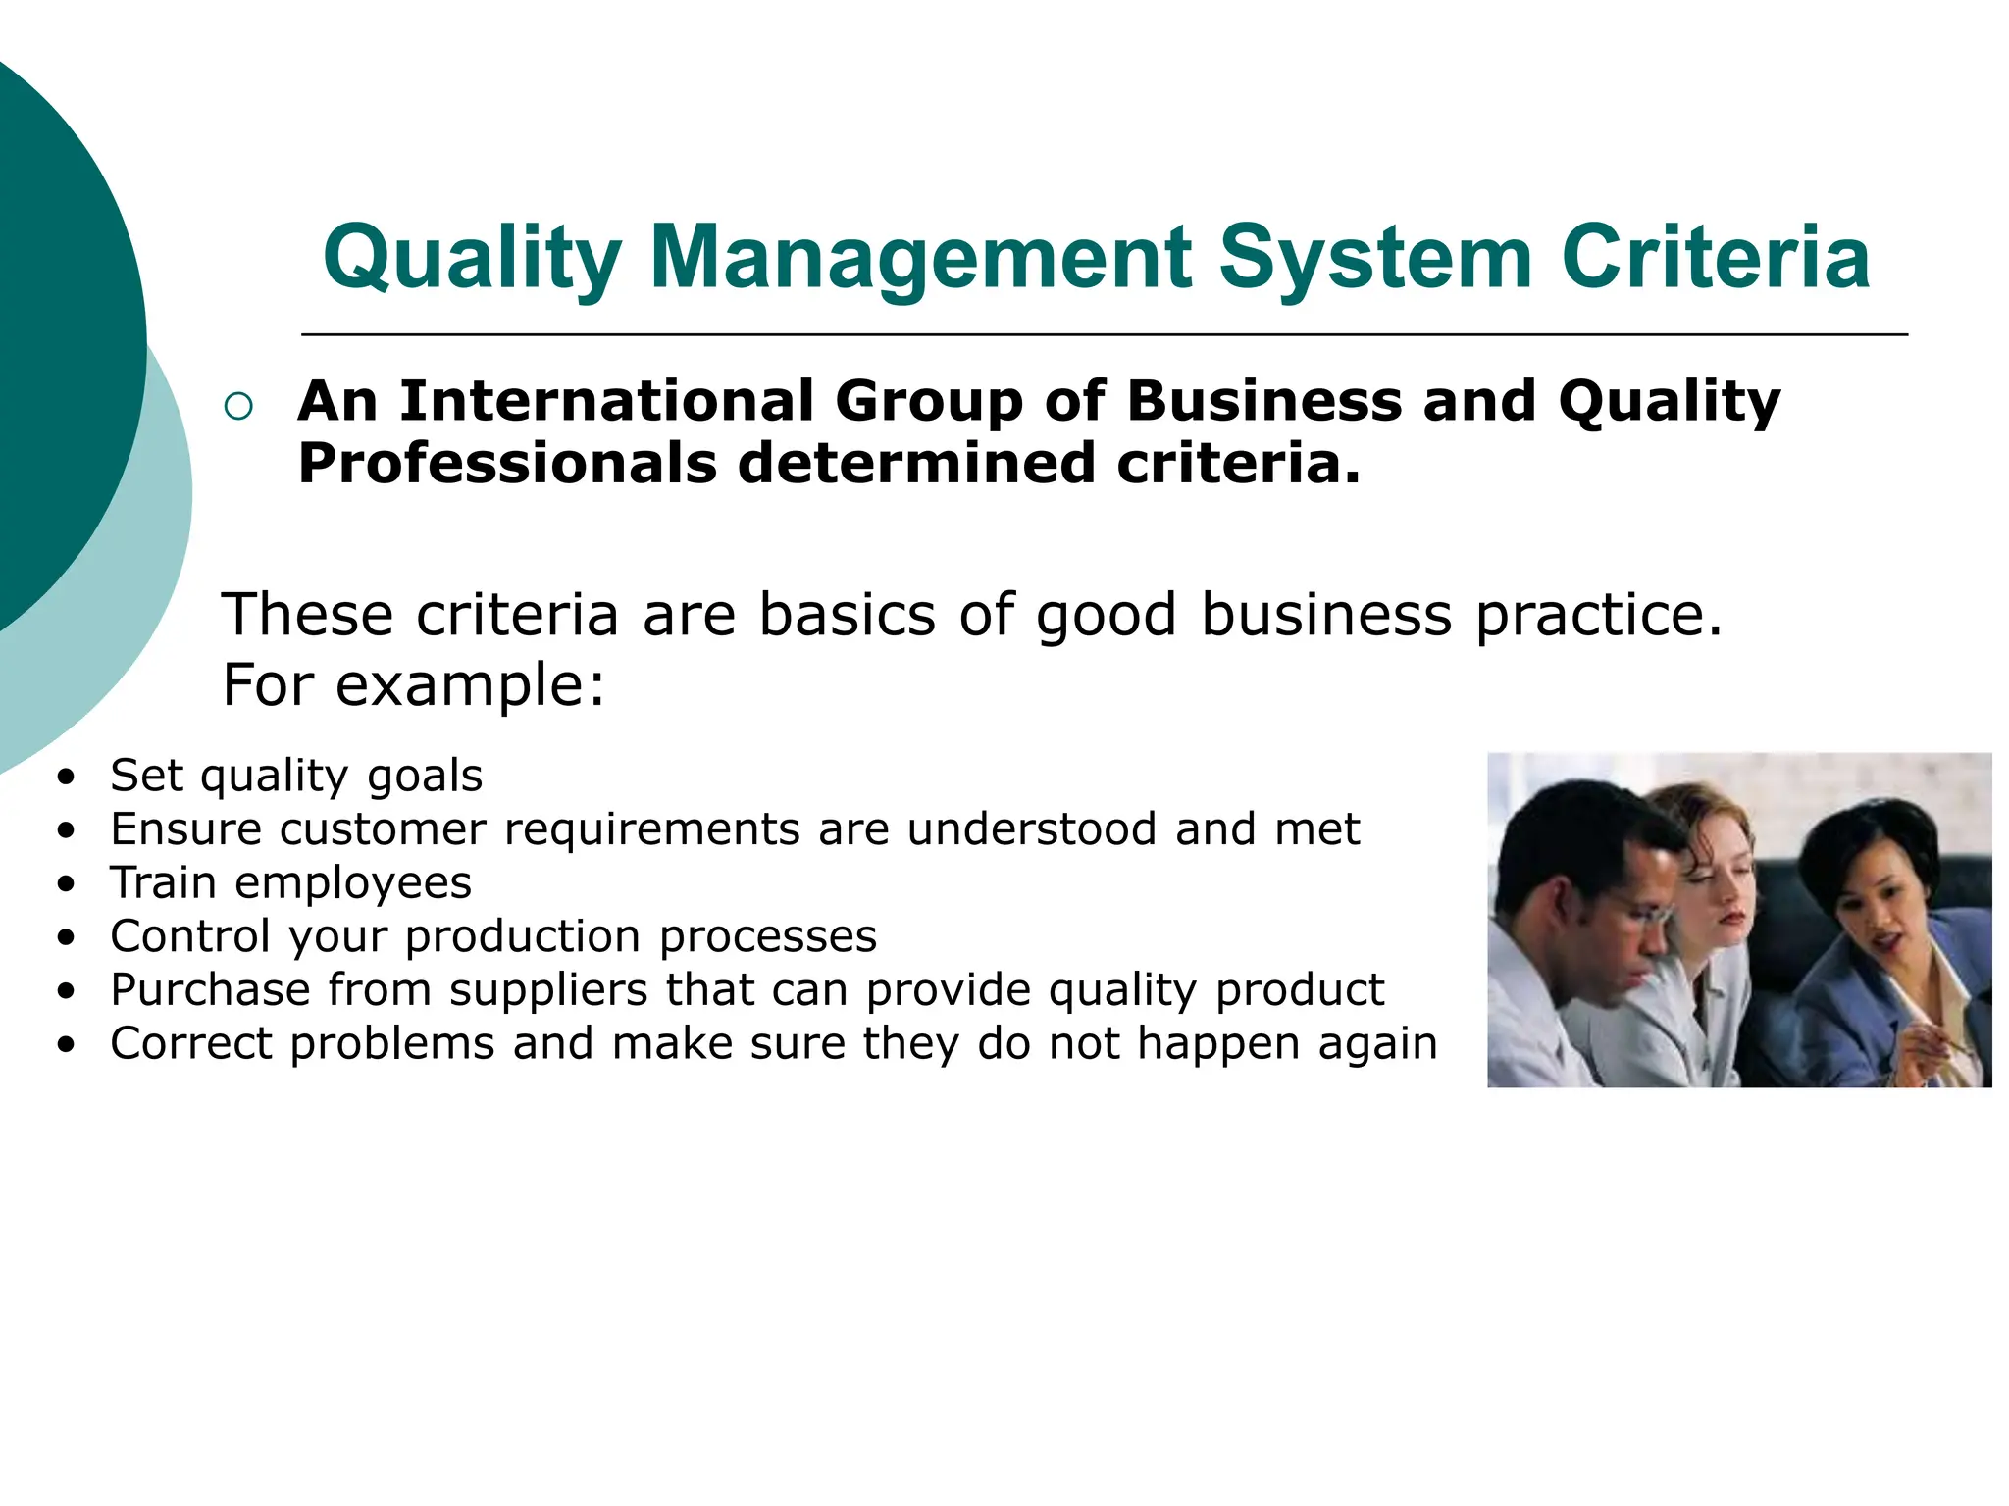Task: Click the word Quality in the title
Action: (x=472, y=258)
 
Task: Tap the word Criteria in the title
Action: (x=1716, y=258)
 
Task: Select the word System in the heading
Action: (x=1375, y=258)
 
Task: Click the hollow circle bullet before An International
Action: (x=238, y=406)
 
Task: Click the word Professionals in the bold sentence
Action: (x=507, y=463)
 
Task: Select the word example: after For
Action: (x=471, y=684)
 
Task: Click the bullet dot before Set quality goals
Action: (x=66, y=778)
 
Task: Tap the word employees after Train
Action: (x=353, y=883)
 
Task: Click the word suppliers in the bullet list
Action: (x=548, y=989)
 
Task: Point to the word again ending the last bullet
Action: (x=1377, y=1043)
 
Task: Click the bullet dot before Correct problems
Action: (x=66, y=1046)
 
